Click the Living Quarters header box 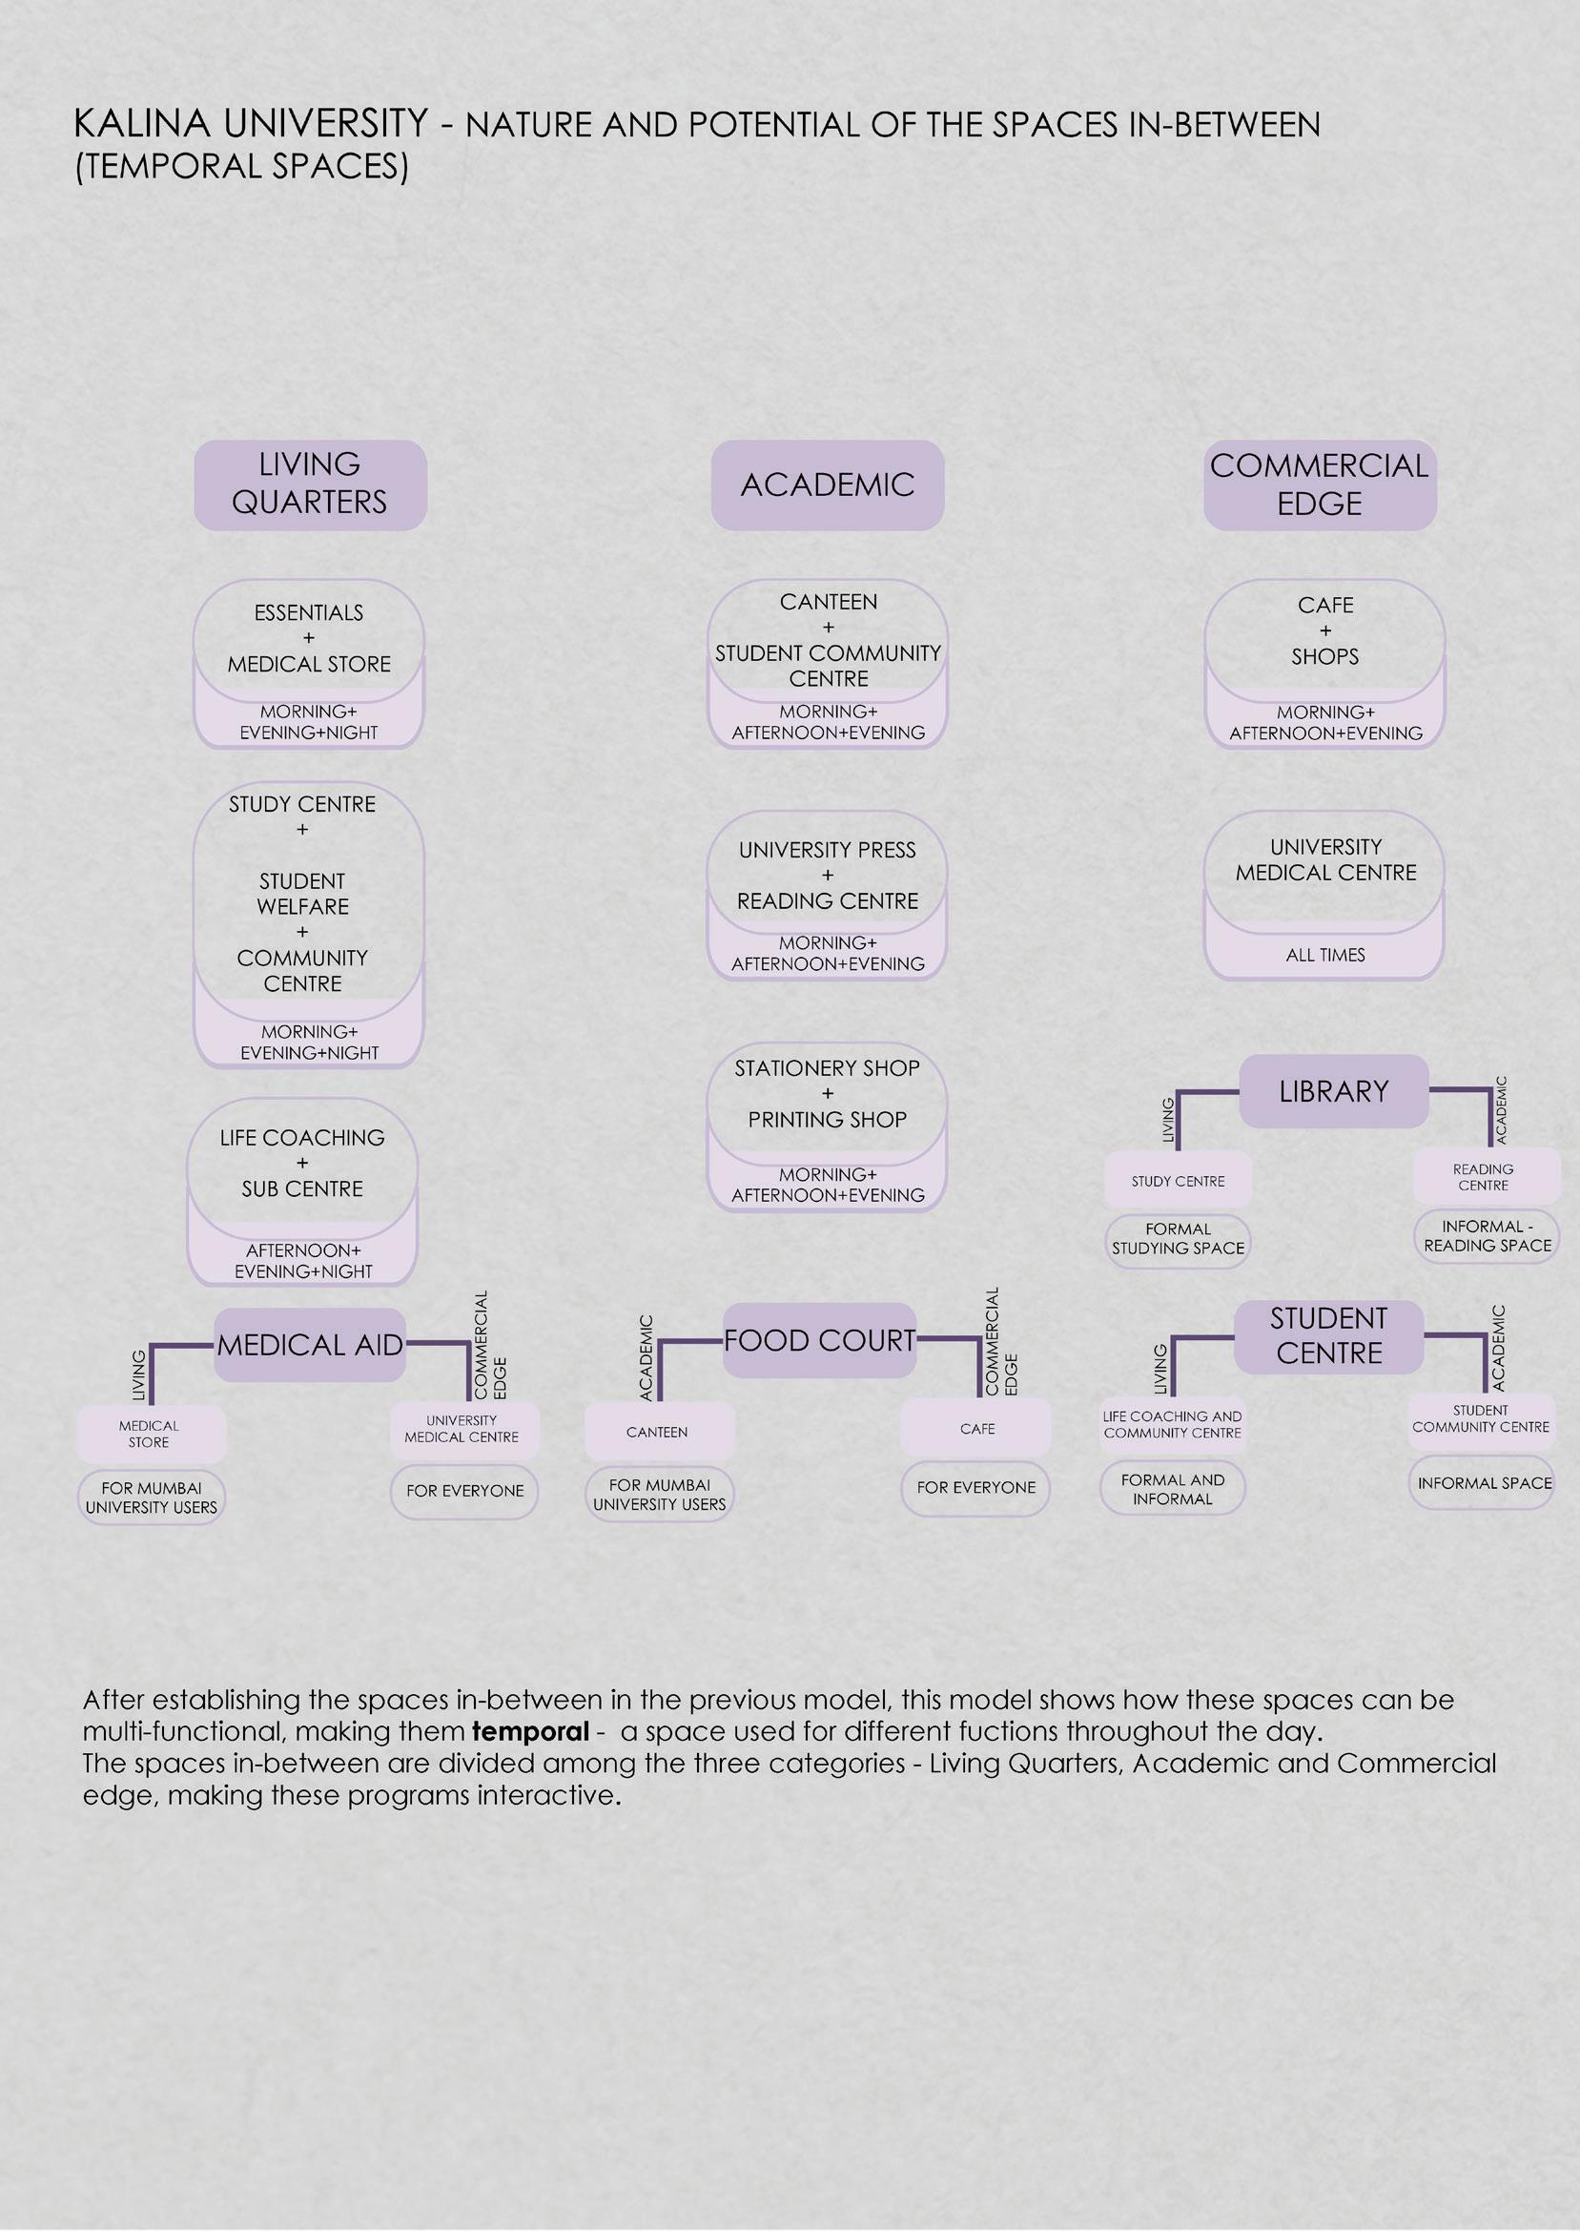pyautogui.click(x=309, y=485)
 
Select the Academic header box pyautogui.click(x=827, y=485)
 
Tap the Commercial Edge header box pyautogui.click(x=1320, y=485)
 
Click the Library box pyautogui.click(x=1333, y=1092)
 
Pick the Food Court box pyautogui.click(x=819, y=1341)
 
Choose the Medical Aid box pyautogui.click(x=309, y=1346)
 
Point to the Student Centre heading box pyautogui.click(x=1328, y=1336)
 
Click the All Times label pyautogui.click(x=1325, y=956)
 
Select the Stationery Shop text pyautogui.click(x=827, y=1068)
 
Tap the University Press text pyautogui.click(x=827, y=851)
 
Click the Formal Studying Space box pyautogui.click(x=1178, y=1240)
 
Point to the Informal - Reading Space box pyautogui.click(x=1487, y=1236)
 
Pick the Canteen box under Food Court pyautogui.click(x=658, y=1433)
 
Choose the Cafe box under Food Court pyautogui.click(x=976, y=1428)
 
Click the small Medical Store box pyautogui.click(x=150, y=1435)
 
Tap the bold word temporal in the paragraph pyautogui.click(x=530, y=1732)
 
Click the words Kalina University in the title pyautogui.click(x=251, y=125)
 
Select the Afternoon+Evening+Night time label pyautogui.click(x=302, y=1261)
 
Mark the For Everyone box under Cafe pyautogui.click(x=975, y=1488)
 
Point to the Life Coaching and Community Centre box pyautogui.click(x=1172, y=1424)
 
